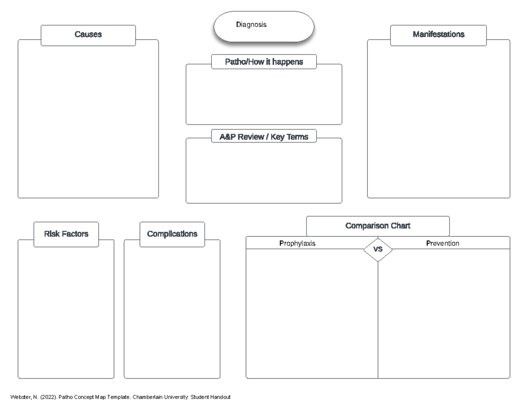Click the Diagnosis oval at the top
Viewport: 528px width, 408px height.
[264, 26]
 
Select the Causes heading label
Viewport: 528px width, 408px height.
[88, 35]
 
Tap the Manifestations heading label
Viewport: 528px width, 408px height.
[438, 35]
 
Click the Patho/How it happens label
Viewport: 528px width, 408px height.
[264, 62]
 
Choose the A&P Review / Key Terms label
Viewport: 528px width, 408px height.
[264, 137]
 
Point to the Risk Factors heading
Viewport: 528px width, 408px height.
[66, 234]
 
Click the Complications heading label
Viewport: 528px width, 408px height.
[172, 234]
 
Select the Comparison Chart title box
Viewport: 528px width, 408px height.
[378, 226]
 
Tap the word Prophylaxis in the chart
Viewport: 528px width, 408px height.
[297, 243]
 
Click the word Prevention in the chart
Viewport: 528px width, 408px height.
[443, 243]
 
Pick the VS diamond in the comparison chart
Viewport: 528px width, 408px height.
[378, 249]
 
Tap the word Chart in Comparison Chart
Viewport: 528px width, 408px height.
[401, 226]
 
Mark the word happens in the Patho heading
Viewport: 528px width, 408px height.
[288, 62]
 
